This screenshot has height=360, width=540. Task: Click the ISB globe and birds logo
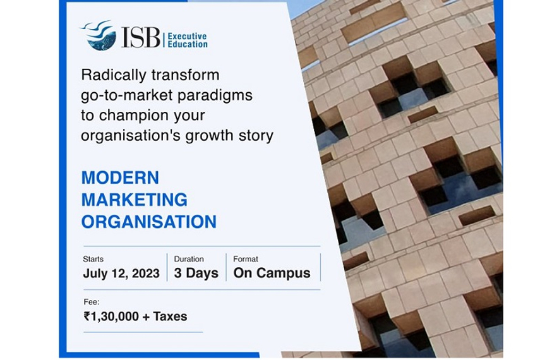[x=99, y=35]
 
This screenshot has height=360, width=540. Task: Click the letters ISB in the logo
[x=140, y=37]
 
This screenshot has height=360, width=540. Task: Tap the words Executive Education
[x=188, y=40]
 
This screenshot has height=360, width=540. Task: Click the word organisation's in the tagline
[x=131, y=136]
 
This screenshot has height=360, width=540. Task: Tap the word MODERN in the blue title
[x=120, y=177]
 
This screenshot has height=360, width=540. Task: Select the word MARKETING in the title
[x=135, y=200]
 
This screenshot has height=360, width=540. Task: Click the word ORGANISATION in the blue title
[x=149, y=222]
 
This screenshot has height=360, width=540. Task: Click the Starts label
[x=93, y=259]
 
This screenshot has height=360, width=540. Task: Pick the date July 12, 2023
[x=121, y=273]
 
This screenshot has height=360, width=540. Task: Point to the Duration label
[x=189, y=259]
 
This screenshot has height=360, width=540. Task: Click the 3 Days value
[x=196, y=273]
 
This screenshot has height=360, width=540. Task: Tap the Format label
[x=246, y=259]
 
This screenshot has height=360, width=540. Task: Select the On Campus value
[x=272, y=273]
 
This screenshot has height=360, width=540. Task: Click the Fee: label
[x=91, y=302]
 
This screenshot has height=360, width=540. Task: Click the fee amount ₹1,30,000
[x=111, y=316]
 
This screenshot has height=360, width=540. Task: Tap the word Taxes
[x=170, y=316]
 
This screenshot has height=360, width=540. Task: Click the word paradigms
[x=215, y=96]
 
